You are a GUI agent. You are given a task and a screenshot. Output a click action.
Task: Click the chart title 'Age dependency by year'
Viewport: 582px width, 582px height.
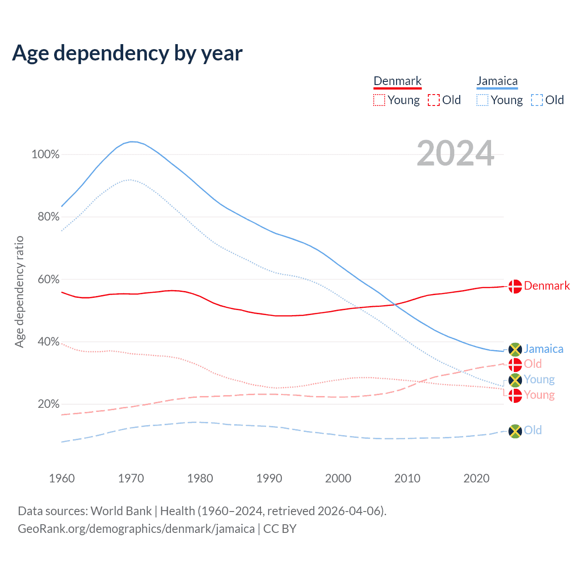point(127,53)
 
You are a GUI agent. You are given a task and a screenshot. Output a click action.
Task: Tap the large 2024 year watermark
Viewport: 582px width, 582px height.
point(455,154)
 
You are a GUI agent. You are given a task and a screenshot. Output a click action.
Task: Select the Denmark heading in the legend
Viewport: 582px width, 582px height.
point(397,81)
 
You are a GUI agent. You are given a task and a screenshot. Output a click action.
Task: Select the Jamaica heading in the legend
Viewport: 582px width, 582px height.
point(497,81)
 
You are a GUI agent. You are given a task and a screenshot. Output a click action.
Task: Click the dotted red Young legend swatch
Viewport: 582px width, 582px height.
point(379,100)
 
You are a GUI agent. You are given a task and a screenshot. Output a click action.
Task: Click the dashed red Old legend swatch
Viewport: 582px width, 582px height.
point(434,100)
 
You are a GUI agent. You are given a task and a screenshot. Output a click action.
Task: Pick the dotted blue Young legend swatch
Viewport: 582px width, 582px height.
point(482,100)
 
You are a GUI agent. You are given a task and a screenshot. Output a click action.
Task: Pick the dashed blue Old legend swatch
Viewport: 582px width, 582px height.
point(537,100)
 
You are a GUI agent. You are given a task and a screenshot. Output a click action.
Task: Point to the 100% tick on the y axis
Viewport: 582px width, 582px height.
point(45,155)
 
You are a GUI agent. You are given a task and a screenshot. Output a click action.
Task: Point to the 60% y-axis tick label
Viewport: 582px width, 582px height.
point(48,279)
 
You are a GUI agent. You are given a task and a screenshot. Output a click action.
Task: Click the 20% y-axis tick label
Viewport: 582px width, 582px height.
point(48,404)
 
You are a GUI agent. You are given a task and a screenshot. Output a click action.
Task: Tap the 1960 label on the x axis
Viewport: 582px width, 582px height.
point(62,478)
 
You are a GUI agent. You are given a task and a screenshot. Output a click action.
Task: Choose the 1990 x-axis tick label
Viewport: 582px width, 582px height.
point(269,478)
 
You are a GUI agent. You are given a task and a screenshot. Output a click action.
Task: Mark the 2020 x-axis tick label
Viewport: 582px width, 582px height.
point(477,478)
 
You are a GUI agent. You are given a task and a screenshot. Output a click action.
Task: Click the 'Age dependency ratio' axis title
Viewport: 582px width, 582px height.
point(19,291)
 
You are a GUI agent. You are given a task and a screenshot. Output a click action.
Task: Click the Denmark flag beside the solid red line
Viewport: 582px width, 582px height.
point(515,286)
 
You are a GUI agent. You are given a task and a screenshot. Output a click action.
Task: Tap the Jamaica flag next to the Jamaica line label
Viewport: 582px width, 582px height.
point(515,349)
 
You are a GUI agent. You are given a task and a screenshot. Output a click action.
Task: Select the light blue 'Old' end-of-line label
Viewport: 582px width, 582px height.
point(532,430)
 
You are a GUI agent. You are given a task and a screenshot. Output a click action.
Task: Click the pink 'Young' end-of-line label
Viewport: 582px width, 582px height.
point(539,395)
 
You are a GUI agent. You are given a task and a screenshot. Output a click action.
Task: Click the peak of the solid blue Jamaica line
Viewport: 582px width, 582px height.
point(132,141)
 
